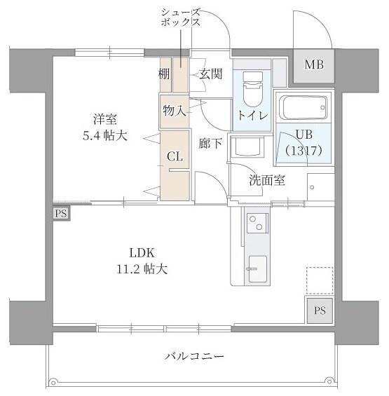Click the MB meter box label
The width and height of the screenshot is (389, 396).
pyautogui.click(x=313, y=65)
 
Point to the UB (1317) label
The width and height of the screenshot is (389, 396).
pyautogui.click(x=303, y=142)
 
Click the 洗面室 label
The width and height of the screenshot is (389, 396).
pyautogui.click(x=267, y=180)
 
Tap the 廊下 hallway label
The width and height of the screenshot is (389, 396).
pyautogui.click(x=210, y=144)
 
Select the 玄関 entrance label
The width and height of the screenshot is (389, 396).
pyautogui.click(x=210, y=74)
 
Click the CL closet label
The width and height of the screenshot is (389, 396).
pyautogui.click(x=175, y=157)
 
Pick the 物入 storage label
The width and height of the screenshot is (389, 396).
pyautogui.click(x=174, y=110)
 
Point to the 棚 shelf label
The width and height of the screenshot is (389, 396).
pyautogui.click(x=164, y=74)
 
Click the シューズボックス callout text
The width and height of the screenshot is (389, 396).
pyautogui.click(x=181, y=17)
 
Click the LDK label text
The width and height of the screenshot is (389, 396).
pyautogui.click(x=141, y=253)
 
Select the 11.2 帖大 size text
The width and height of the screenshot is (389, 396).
pyautogui.click(x=141, y=268)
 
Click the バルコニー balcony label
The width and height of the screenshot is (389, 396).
pyautogui.click(x=195, y=357)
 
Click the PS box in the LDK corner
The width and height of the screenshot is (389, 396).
pyautogui.click(x=320, y=310)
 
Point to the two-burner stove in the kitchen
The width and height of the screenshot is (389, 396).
pyautogui.click(x=256, y=225)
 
